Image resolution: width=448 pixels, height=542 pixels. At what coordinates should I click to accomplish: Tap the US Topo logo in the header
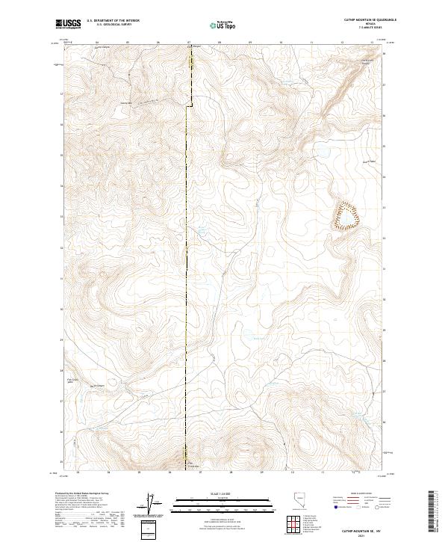point(223,25)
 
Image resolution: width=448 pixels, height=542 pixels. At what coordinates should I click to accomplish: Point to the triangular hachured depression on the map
point(346,215)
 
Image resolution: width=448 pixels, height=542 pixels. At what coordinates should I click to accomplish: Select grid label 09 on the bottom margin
point(261,472)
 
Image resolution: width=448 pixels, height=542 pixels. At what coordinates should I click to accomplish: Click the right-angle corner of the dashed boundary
point(187,105)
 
